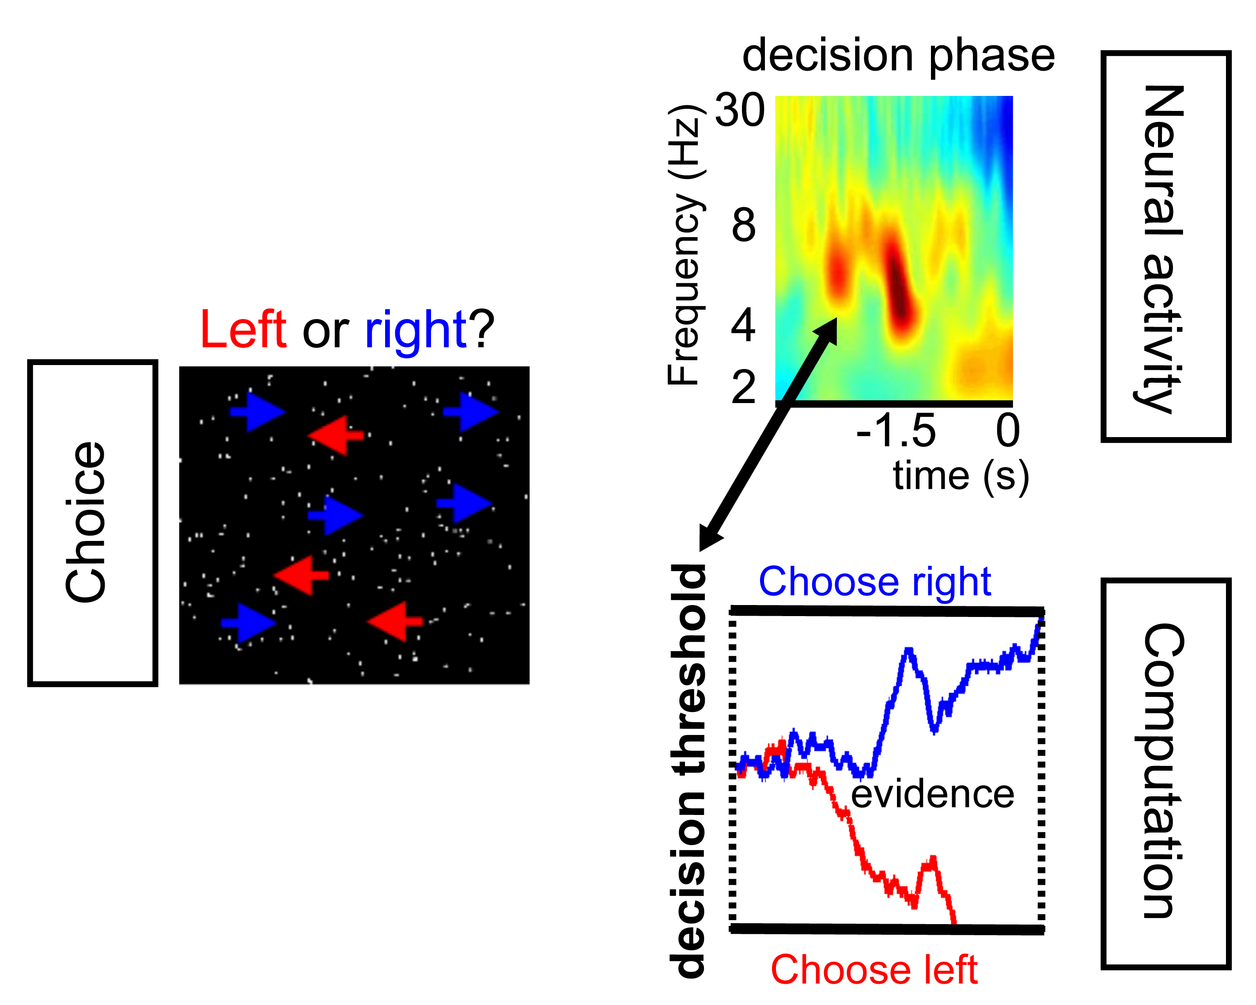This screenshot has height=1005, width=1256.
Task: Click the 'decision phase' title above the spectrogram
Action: (x=898, y=56)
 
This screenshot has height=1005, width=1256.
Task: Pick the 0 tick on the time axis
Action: (x=1007, y=431)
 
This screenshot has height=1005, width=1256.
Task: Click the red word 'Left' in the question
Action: (x=243, y=330)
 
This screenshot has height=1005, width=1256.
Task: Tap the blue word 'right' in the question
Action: (x=416, y=330)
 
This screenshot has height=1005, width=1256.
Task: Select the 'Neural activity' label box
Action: (x=1165, y=247)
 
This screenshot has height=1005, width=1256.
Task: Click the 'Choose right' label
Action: (x=874, y=582)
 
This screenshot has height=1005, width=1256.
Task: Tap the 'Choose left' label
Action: (x=874, y=970)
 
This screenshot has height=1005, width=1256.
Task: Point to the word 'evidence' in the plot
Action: (x=932, y=794)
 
